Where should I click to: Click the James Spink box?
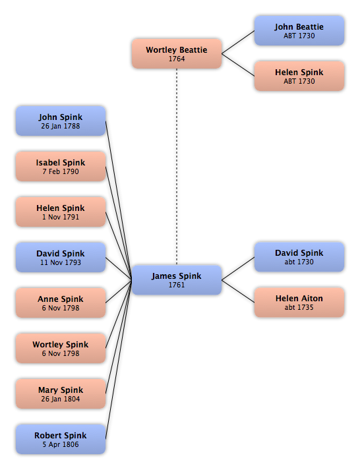(x=177, y=280)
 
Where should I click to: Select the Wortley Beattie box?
(x=177, y=53)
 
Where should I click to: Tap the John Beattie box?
(x=299, y=30)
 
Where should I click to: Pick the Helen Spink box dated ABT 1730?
(x=299, y=76)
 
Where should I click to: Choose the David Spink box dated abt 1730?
(x=299, y=257)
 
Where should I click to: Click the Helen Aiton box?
(x=299, y=302)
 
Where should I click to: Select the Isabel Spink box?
(x=61, y=166)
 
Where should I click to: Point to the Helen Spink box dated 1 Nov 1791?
(x=61, y=212)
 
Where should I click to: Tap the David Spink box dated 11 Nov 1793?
(x=61, y=257)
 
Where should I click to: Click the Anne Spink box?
(x=61, y=303)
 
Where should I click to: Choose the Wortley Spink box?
(x=61, y=348)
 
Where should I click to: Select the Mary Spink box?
(x=61, y=394)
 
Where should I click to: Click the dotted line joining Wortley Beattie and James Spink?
(x=177, y=167)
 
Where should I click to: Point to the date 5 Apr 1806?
(x=61, y=444)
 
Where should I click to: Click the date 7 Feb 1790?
(x=61, y=171)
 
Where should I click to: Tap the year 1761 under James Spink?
(x=177, y=285)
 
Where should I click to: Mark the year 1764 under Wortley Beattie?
(x=177, y=59)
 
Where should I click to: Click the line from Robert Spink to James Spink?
(x=119, y=359)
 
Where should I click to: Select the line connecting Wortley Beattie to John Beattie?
(x=238, y=42)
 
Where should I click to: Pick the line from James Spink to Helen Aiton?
(x=238, y=291)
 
